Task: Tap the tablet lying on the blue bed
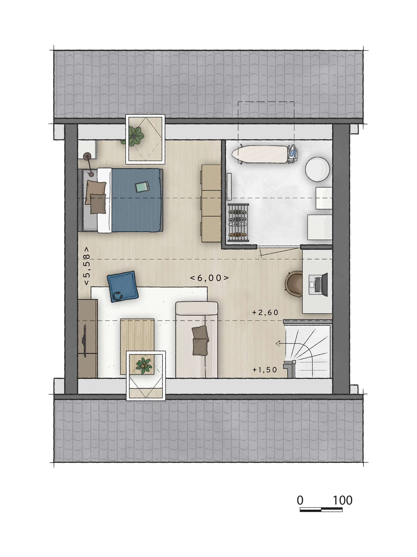coord(142,187)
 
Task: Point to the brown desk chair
coord(294,283)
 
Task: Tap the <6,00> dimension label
coord(209,278)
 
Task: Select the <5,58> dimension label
coord(87,266)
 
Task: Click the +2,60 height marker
coord(265,312)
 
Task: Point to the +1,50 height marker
coord(265,370)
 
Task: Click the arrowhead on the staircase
coord(278,344)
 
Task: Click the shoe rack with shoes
coord(238,222)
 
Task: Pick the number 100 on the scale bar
coord(343,500)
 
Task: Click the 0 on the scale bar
coord(300,500)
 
